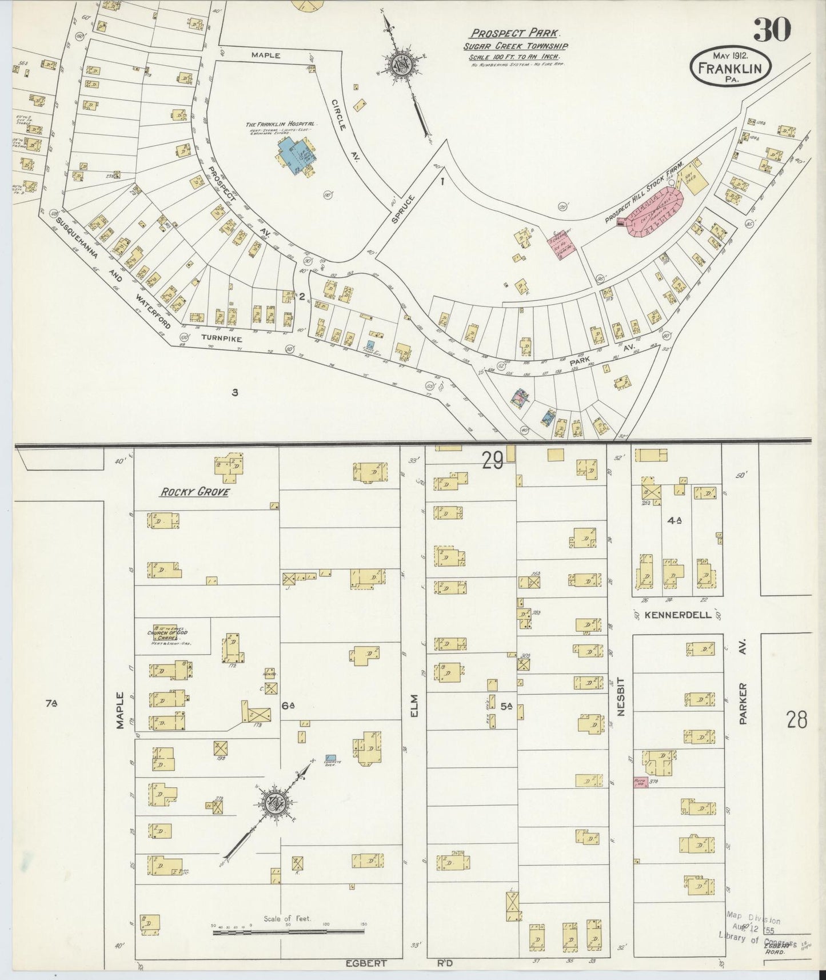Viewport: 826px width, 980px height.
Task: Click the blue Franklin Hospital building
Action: point(294,156)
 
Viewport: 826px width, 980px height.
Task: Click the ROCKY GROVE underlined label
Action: point(194,492)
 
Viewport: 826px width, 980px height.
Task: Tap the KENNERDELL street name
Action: point(677,616)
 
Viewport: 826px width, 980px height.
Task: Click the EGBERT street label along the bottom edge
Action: point(366,963)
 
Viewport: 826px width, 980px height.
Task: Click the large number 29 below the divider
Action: point(492,460)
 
